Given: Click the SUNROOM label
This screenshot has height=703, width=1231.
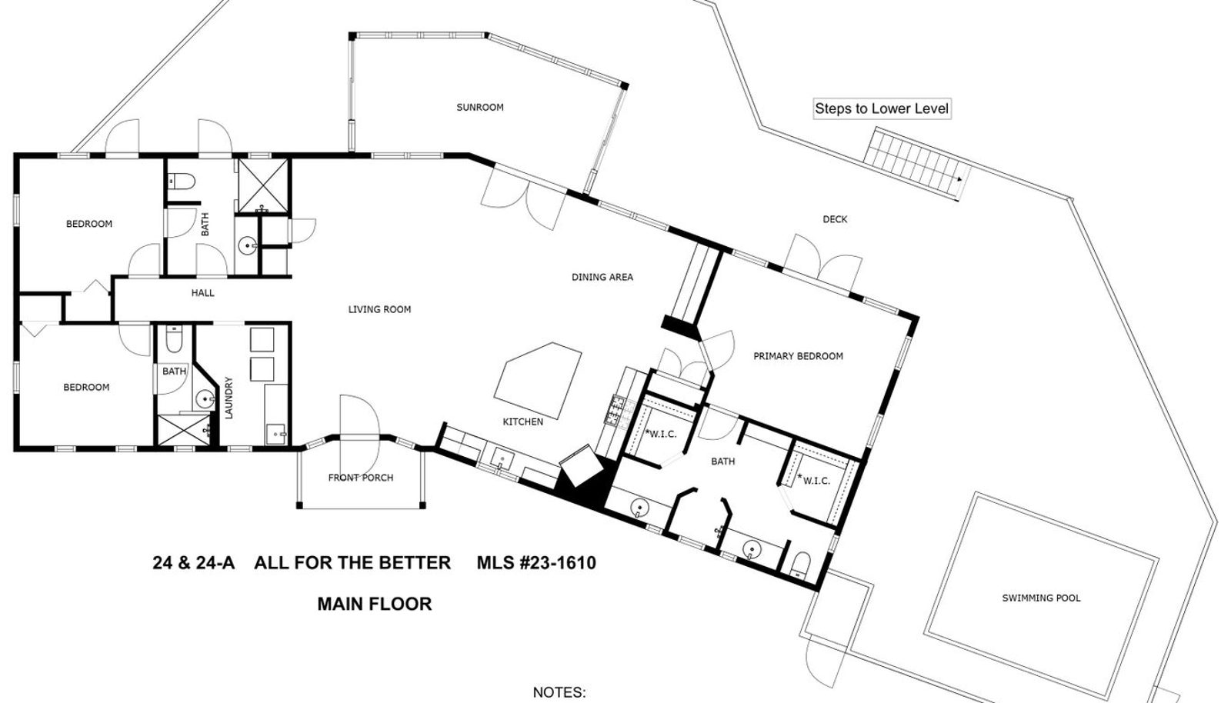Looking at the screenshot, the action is [480, 107].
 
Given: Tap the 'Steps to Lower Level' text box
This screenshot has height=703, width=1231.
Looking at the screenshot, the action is [882, 108].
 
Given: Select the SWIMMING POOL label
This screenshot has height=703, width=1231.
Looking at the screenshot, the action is [1041, 598].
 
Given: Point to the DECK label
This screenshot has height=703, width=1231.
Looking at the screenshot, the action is [835, 219].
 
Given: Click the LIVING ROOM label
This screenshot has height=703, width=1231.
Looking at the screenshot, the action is [379, 309].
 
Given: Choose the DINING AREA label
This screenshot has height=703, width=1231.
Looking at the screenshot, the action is [602, 277].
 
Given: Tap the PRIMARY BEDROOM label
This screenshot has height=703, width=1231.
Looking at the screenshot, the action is [798, 356].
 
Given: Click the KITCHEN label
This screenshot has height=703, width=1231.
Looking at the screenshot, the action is [522, 421].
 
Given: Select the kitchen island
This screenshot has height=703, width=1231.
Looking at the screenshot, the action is [538, 380].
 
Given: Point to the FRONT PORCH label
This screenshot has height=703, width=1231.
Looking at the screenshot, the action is [361, 478].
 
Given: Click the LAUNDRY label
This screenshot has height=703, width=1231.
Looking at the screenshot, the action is [229, 398].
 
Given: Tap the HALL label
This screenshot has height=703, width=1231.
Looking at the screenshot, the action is [203, 293].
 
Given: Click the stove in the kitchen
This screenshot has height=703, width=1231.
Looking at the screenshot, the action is [616, 410].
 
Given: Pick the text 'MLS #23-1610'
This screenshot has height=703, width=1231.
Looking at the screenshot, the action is [536, 563].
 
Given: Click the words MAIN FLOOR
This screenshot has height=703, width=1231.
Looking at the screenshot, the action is [374, 604].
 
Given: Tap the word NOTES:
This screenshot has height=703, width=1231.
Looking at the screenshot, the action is [559, 692].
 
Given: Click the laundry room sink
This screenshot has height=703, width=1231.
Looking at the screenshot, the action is [276, 434].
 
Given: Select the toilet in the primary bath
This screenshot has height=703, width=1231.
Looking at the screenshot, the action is [800, 564].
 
